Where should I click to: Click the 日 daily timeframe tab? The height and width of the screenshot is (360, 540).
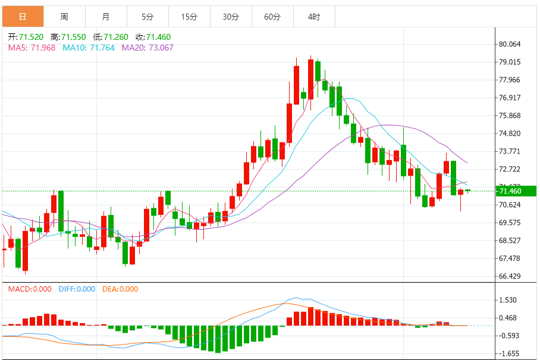[23, 17]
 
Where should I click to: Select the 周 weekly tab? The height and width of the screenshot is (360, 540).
[64, 17]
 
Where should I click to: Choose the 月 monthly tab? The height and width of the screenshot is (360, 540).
[106, 17]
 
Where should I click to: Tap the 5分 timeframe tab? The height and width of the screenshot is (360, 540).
[147, 17]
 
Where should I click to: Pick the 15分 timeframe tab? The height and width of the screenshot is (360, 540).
[189, 17]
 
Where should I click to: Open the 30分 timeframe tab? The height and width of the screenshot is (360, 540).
[231, 17]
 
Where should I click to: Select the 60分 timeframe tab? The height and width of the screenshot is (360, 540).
[272, 17]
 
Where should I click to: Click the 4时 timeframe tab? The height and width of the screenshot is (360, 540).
[314, 17]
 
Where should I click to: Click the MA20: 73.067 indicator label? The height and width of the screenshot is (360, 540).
[148, 48]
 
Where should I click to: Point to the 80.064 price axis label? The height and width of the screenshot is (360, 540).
[510, 44]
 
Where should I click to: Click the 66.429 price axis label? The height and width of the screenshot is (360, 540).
[510, 276]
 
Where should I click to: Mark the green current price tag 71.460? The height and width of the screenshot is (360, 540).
[515, 191]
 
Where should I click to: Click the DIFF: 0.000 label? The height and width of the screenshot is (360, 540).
[77, 289]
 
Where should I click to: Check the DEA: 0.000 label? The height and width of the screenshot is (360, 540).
[121, 289]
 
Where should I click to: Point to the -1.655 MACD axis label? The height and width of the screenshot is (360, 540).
[510, 353]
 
